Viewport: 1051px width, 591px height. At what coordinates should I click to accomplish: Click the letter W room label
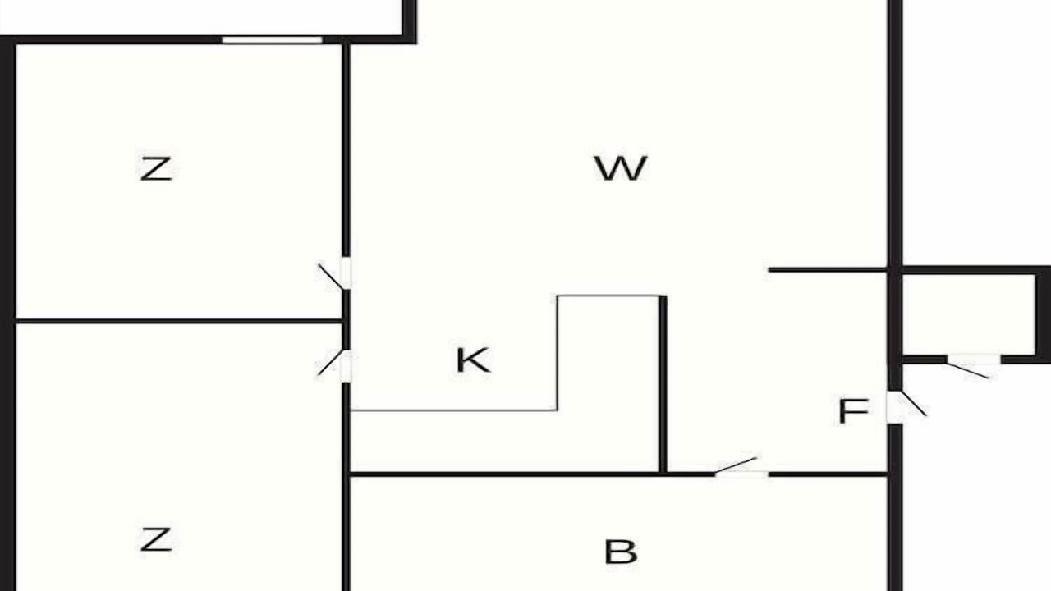click(x=621, y=168)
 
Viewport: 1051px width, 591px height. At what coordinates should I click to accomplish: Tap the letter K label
click(x=474, y=360)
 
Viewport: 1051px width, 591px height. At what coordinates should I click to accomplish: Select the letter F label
click(x=853, y=411)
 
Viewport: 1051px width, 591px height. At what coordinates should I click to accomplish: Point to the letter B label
click(x=621, y=552)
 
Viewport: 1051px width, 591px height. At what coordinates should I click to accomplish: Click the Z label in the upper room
click(x=156, y=169)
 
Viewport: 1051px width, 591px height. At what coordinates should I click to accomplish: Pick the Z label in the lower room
click(x=156, y=539)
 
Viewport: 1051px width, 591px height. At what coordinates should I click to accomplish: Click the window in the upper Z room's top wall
click(x=272, y=40)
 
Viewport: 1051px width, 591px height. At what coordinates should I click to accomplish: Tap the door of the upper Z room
click(x=335, y=274)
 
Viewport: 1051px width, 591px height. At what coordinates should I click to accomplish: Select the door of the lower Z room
click(x=335, y=365)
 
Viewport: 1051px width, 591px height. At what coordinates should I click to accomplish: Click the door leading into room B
click(x=741, y=467)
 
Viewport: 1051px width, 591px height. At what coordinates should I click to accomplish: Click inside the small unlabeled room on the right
click(x=968, y=314)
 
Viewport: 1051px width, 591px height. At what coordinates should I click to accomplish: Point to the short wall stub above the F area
click(x=828, y=270)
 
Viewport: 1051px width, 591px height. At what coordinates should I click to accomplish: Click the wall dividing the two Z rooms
click(x=179, y=321)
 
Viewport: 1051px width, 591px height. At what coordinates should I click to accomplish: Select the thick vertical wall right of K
click(x=663, y=384)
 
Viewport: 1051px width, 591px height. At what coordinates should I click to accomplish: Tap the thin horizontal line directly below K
click(x=454, y=411)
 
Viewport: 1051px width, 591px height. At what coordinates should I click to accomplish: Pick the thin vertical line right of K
click(x=558, y=353)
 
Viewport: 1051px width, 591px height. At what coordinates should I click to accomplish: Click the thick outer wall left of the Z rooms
click(x=8, y=314)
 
